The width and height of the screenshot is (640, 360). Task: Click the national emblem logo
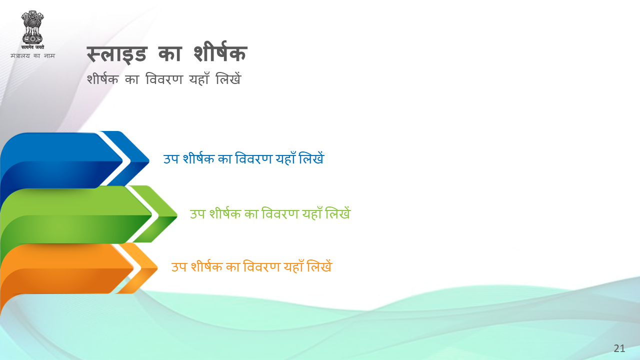coord(32,30)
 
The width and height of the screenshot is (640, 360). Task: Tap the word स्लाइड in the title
coord(117,54)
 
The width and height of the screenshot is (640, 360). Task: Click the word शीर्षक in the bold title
coord(220,52)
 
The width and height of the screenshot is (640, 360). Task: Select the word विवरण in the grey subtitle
coord(164,79)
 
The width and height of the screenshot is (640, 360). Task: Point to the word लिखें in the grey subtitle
coord(228,78)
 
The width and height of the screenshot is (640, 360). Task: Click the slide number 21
coord(619,348)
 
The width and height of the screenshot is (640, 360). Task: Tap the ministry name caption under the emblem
coord(32,55)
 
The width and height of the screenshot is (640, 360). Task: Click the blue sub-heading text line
coord(243,158)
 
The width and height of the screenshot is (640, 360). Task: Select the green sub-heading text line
coord(270,213)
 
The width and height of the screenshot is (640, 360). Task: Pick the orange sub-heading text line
coord(251,266)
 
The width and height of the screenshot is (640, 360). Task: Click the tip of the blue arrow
coord(149,161)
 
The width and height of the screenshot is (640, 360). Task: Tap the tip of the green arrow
coord(177,215)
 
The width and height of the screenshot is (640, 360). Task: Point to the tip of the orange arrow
coord(157,268)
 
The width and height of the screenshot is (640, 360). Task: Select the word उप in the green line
coord(197,214)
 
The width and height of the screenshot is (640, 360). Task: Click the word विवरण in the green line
coord(280,213)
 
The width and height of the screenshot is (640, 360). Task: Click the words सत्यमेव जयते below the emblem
coord(32,47)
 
